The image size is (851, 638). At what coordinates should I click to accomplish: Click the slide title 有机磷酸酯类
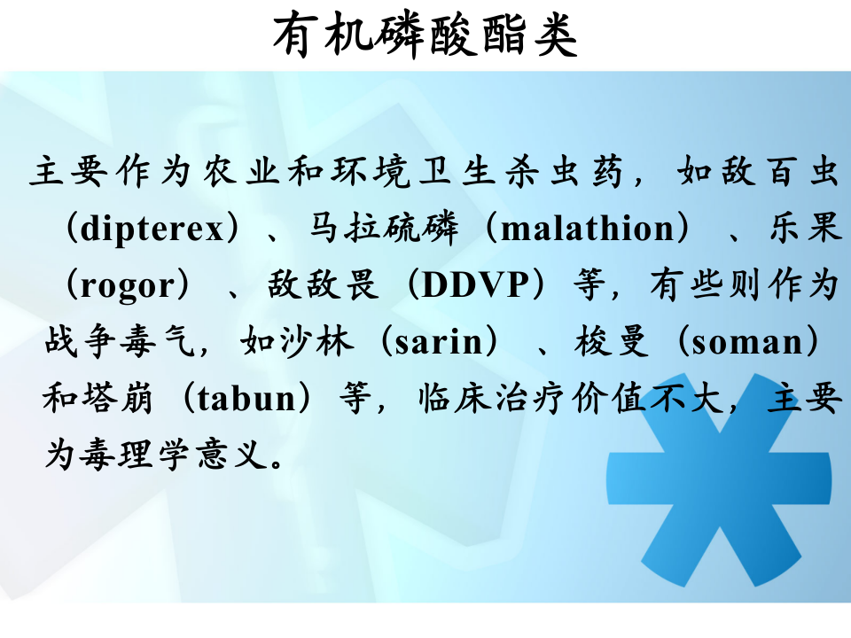[x=425, y=36]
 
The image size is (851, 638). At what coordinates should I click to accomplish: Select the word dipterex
[x=152, y=229]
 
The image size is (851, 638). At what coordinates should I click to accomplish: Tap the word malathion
[x=588, y=229]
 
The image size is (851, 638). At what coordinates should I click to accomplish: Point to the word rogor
[x=123, y=285]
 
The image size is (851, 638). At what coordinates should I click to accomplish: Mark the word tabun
[x=247, y=399]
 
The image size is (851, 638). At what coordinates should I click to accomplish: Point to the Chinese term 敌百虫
[x=782, y=172]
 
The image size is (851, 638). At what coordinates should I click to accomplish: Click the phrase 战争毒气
[x=119, y=342]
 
